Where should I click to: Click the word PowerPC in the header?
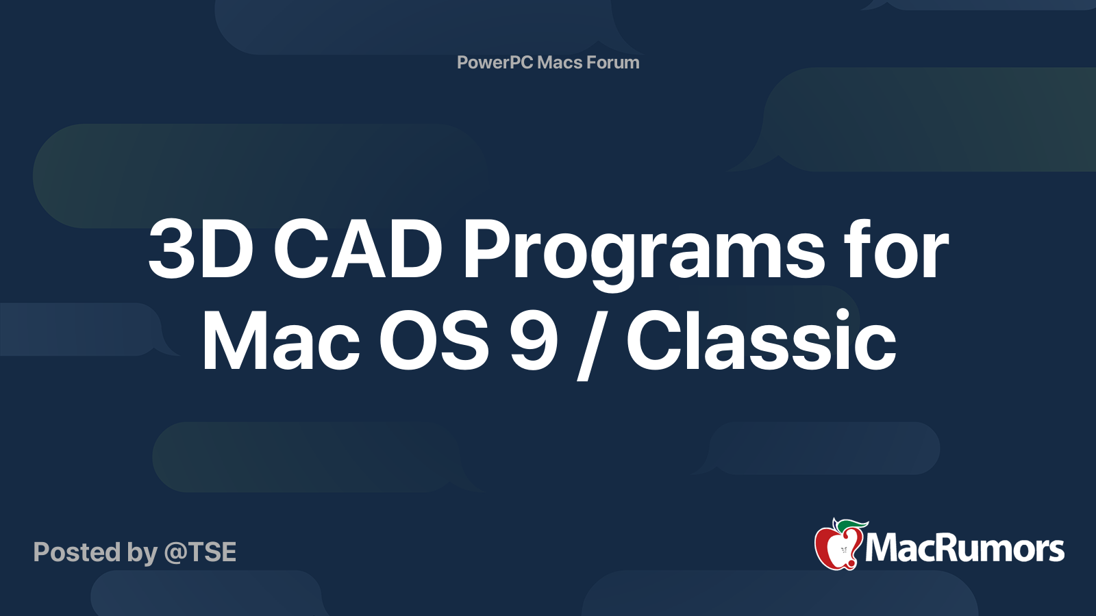pyautogui.click(x=495, y=62)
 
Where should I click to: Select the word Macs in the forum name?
pyautogui.click(x=560, y=62)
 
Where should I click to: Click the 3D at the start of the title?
pyautogui.click(x=201, y=251)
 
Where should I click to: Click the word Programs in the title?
pyautogui.click(x=644, y=252)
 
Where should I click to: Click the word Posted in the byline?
pyautogui.click(x=77, y=552)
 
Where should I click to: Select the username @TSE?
pyautogui.click(x=200, y=552)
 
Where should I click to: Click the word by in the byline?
pyautogui.click(x=142, y=553)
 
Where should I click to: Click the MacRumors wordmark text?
pyautogui.click(x=964, y=549)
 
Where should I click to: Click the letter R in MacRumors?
pyautogui.click(x=947, y=549)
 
